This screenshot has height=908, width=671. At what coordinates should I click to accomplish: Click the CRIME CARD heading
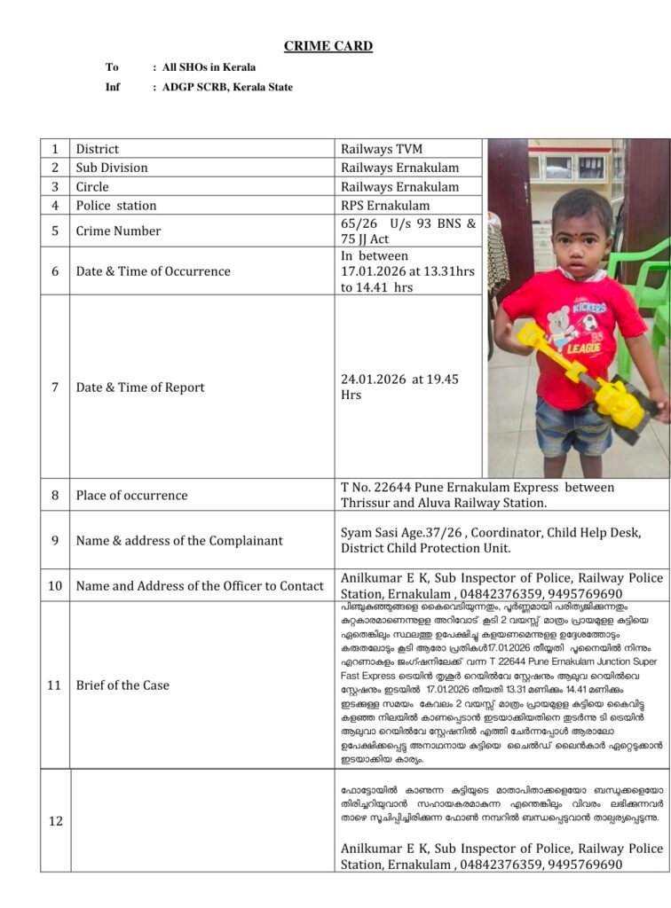click(x=328, y=46)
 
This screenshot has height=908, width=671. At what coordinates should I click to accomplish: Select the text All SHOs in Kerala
click(x=209, y=67)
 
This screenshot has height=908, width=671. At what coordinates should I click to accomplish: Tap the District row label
click(x=97, y=149)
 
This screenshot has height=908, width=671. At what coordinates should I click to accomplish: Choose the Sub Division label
click(x=112, y=168)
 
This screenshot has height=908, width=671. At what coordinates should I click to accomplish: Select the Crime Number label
click(x=118, y=231)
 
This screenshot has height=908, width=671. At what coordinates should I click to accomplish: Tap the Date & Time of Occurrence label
click(x=153, y=271)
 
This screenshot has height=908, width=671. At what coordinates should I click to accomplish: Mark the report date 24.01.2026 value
click(x=372, y=380)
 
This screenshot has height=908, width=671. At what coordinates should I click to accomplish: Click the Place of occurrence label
click(x=131, y=495)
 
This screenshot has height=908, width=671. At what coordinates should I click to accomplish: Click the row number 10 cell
click(x=55, y=585)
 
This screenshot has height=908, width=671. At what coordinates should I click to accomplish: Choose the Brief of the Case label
click(x=122, y=685)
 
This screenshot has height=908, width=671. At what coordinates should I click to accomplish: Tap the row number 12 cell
click(x=55, y=821)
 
